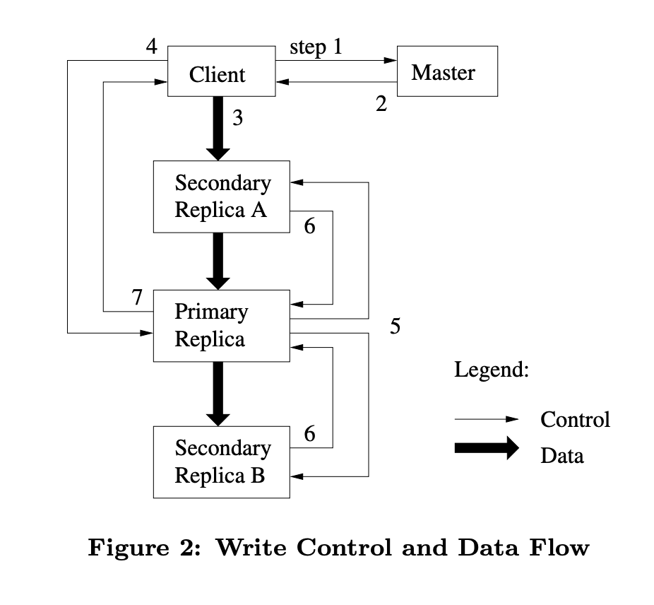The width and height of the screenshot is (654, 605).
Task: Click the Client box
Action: pos(220,71)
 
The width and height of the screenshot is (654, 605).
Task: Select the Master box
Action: pos(446,71)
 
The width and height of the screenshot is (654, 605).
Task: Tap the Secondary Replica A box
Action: pos(221,196)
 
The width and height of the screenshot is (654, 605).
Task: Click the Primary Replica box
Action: pos(221,326)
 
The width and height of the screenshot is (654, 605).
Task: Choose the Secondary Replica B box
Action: pos(221,462)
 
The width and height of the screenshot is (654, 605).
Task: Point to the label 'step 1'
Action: pos(315,48)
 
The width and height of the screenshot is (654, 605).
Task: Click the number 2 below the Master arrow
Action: pos(381,105)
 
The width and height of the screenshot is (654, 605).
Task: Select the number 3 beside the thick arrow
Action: pos(237,118)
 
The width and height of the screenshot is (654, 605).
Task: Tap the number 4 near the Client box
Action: pos(151,47)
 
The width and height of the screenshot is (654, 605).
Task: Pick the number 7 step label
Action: pos(138,298)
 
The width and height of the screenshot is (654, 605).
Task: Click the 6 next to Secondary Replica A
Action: pos(309,227)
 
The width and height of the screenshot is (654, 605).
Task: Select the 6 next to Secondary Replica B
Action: pos(309,434)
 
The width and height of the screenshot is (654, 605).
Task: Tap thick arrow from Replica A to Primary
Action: pos(219,260)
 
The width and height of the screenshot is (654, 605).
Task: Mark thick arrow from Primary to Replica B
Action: pos(219,393)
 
